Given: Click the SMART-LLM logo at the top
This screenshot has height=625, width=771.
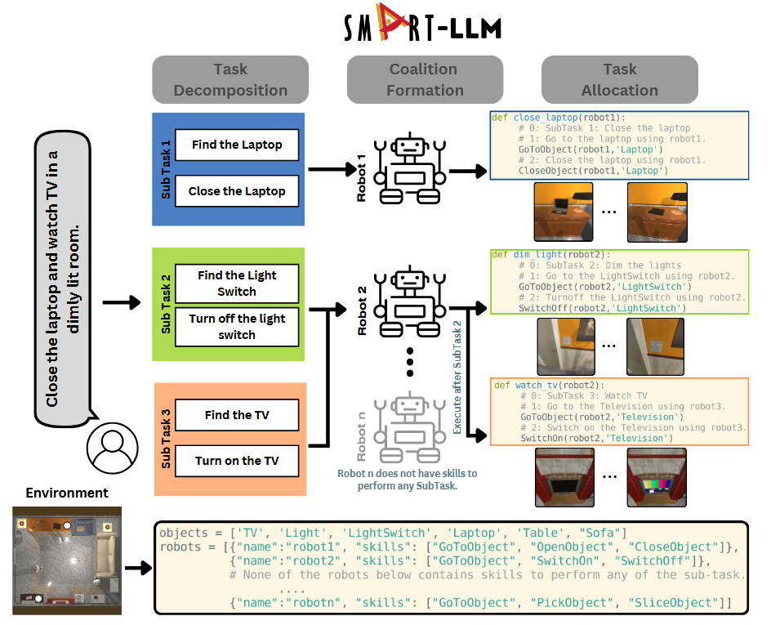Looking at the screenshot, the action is pos(422,23).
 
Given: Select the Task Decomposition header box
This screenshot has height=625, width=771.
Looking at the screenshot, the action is pos(230,80).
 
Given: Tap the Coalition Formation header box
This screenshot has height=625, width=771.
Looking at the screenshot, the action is pos(425,80).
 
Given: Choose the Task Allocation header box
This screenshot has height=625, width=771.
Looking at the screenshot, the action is pos(620,80).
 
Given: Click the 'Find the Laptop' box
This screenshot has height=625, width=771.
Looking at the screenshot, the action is pos(237,145).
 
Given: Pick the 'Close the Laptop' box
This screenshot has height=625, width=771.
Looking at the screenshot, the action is pos(237,191).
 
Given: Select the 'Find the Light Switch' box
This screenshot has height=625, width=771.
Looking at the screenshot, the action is pos(237,283).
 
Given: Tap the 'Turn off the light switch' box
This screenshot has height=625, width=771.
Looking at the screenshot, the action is pos(237,327).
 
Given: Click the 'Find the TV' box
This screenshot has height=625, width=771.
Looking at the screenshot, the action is pos(237,415).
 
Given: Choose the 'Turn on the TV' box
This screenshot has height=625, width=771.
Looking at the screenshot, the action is pos(237,461).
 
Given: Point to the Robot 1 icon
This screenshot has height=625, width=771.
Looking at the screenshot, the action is pos(410,168).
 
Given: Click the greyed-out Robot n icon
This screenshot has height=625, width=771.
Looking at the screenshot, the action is pos(410,427).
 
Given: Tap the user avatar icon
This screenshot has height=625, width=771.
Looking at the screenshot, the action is pos(112,448).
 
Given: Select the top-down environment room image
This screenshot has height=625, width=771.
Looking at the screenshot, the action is pos(67,560).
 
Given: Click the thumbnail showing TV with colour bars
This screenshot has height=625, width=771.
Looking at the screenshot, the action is pos(657,477).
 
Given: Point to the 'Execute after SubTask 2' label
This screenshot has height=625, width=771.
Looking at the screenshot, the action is pos(457,377).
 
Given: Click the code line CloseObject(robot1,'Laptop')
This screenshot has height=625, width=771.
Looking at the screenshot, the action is pos(594,171).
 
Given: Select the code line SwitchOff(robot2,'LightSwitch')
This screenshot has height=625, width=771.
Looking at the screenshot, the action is pos(603,308).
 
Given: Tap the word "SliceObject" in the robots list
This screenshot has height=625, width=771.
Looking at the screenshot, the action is pos(671,603).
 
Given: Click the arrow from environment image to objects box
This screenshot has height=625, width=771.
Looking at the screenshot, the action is pos(139,569).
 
